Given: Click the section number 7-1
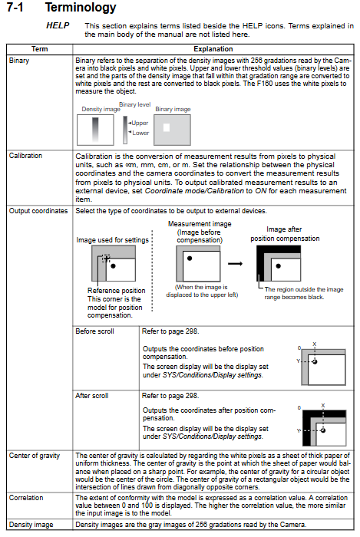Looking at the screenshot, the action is [x=15, y=7].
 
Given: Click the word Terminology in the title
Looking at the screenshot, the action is [x=81, y=8].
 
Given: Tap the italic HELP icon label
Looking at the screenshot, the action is [x=58, y=25].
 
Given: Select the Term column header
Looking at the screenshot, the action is [x=39, y=49].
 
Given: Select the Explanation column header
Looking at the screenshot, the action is [x=213, y=49].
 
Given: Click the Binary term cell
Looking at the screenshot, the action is [x=19, y=61].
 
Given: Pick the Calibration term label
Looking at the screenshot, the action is [x=25, y=156].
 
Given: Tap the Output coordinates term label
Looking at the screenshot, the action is [x=38, y=211].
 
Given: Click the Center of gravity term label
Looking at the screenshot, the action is [x=35, y=456].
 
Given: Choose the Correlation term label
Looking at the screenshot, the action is [x=26, y=498].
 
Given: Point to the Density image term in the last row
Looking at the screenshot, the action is [x=31, y=525].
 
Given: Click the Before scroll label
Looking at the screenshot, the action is [x=94, y=331].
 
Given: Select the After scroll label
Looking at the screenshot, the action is [x=92, y=396].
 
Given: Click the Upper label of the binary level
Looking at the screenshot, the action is [x=140, y=123].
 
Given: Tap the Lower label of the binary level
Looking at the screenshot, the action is [x=140, y=133].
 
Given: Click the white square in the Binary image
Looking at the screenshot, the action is [x=167, y=127].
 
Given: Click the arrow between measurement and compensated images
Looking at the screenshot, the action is [x=236, y=263].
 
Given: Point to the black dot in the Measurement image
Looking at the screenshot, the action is [x=190, y=259].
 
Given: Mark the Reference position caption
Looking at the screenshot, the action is [x=117, y=291].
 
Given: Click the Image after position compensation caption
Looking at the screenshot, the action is [x=285, y=234].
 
